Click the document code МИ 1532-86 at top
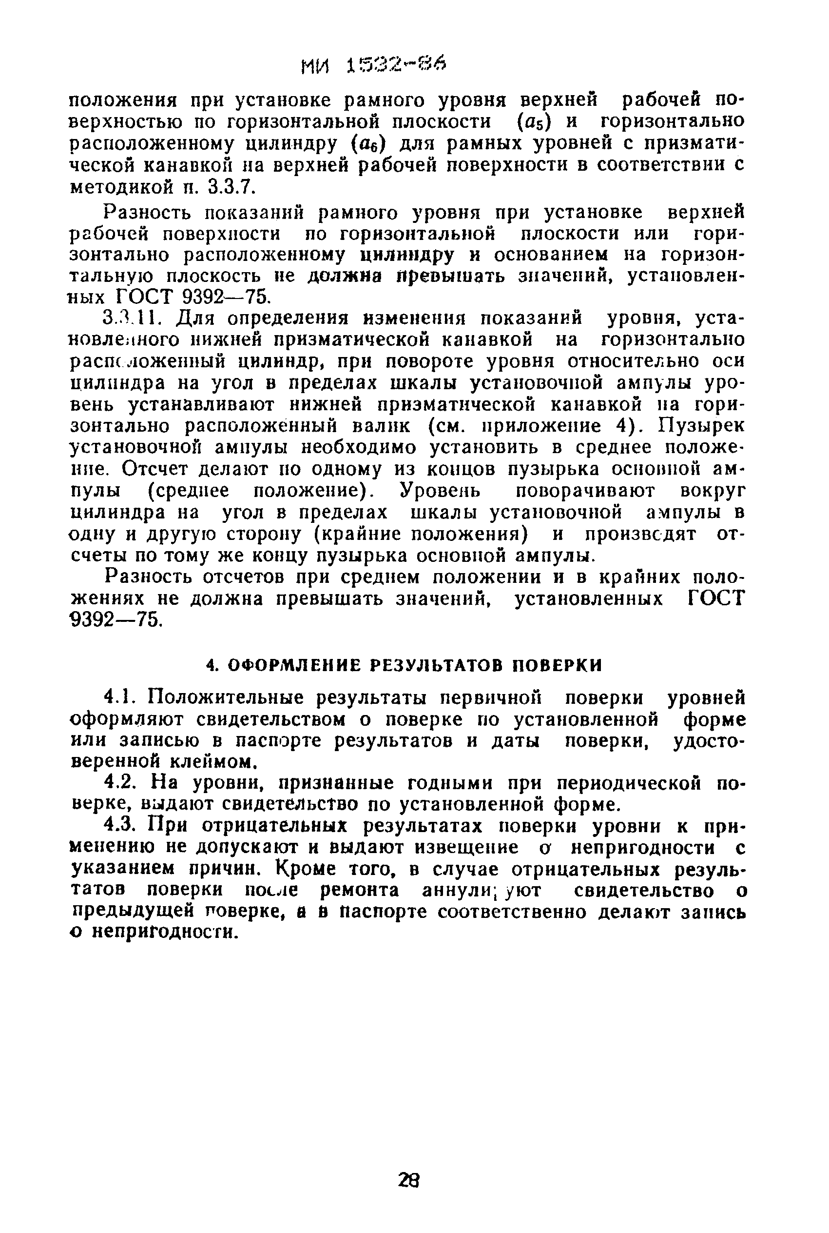click(373, 65)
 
